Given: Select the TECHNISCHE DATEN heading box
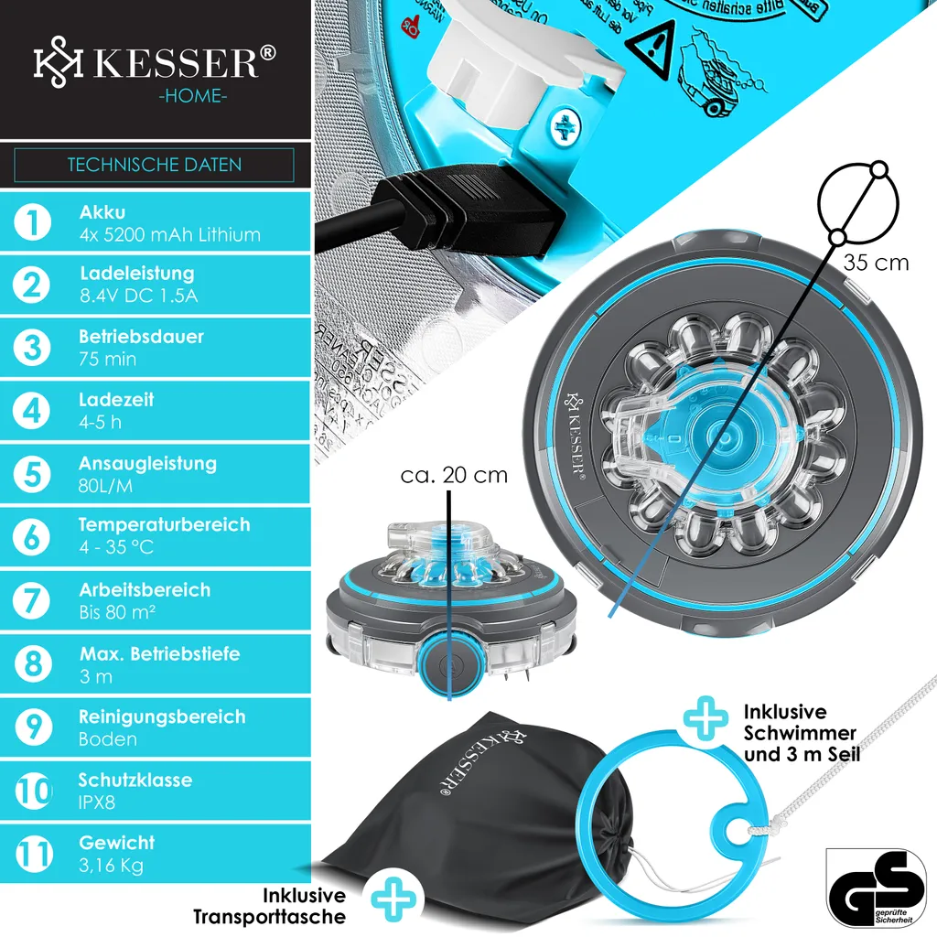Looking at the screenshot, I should tap(154, 166).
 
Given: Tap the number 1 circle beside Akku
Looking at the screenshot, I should tap(34, 222).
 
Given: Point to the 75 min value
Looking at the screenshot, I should tap(107, 360).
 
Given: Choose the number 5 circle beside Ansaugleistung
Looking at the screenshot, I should tap(34, 474).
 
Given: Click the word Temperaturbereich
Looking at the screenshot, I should tap(164, 525).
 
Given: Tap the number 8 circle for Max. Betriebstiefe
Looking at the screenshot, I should tap(34, 664).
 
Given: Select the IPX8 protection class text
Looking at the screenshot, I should tap(97, 803).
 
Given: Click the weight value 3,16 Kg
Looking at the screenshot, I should tap(111, 866).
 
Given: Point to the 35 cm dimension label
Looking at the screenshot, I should tap(876, 263).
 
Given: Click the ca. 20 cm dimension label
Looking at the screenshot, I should tap(454, 476).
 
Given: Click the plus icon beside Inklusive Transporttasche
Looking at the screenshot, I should tap(393, 901).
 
